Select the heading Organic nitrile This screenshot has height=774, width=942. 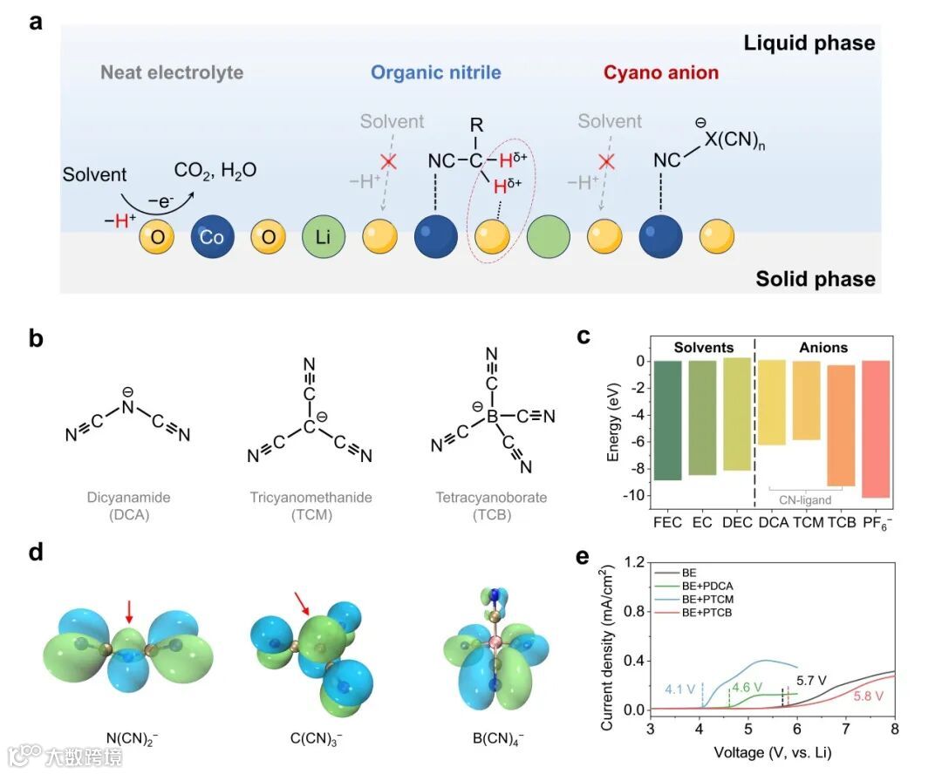436,72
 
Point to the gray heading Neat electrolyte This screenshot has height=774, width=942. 172,72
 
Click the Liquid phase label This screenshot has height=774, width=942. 809,42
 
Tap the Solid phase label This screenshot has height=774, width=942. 815,279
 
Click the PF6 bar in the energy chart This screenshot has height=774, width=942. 877,428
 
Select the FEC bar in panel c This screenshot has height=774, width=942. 668,419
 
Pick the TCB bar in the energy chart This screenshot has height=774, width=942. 841,424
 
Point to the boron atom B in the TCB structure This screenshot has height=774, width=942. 491,418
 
